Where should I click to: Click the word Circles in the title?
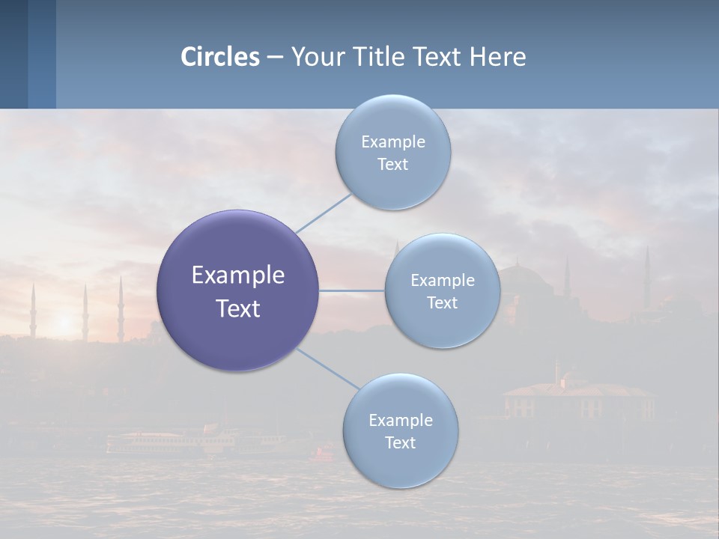[220, 57]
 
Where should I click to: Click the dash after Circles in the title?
[275, 58]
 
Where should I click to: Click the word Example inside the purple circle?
[237, 275]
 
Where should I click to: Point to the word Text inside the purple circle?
[237, 308]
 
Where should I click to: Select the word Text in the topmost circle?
[392, 165]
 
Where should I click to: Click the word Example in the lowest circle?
[400, 420]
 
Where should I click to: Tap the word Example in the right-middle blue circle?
[442, 280]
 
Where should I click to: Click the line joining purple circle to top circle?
[324, 213]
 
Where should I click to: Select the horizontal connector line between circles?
[352, 290]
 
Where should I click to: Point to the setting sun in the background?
[65, 323]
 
